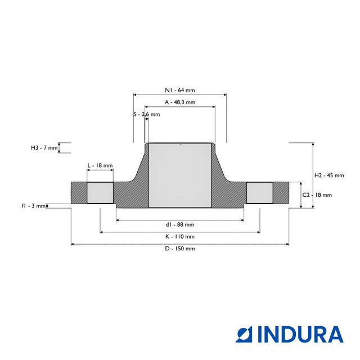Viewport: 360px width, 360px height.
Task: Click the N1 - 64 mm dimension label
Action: [x=180, y=90]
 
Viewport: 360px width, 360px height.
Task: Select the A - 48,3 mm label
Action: [x=180, y=102]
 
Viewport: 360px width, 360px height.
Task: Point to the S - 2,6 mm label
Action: [x=147, y=114]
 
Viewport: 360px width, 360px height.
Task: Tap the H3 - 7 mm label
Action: [x=44, y=148]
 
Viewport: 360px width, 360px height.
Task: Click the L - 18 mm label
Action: [x=100, y=166]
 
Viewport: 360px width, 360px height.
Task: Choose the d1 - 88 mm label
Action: [x=180, y=225]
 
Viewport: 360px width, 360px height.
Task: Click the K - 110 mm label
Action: [x=180, y=237]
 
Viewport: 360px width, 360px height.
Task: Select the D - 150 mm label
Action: [x=180, y=249]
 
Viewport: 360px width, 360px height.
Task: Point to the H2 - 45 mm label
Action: [x=329, y=175]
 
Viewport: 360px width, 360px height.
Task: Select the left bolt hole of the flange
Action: [x=100, y=193]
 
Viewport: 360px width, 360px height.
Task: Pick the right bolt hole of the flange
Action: [x=260, y=193]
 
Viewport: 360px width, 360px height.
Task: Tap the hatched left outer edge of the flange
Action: [x=79, y=193]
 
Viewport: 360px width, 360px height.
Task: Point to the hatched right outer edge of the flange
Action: [x=281, y=193]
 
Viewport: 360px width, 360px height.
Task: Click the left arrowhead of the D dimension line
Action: [x=73, y=244]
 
